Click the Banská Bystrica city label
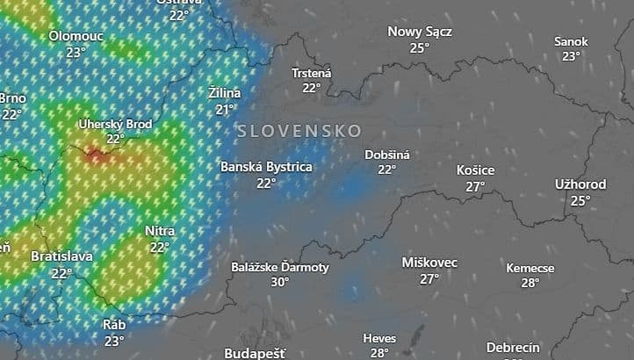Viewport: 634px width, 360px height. pos(266,166)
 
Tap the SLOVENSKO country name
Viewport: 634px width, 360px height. pos(299,130)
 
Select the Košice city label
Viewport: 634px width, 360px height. pos(476,170)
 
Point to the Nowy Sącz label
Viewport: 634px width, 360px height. pos(420,32)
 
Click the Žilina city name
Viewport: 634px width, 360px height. pos(225,93)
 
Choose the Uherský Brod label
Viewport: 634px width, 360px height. pos(115,124)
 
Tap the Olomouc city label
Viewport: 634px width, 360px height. pos(76,36)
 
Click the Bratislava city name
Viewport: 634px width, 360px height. pos(61,256)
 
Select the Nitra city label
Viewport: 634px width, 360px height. pos(160,231)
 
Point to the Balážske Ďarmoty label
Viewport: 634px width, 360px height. pos(280,267)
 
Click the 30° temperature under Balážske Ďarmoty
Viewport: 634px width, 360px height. pos(280,282)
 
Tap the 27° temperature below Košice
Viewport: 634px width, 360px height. pos(476,186)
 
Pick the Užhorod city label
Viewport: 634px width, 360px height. pos(580,184)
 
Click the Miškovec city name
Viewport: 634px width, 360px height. pos(429,263)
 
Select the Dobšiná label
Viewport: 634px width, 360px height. pos(387,155)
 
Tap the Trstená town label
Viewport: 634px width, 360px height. pos(312,73)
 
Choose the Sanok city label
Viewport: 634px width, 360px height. pos(571,41)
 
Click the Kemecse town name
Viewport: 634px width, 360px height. pos(530,268)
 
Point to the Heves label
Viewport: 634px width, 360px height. pos(379,338)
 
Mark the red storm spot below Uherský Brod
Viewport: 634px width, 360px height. pos(95,156)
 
